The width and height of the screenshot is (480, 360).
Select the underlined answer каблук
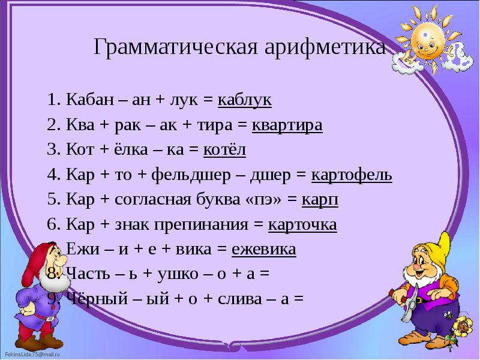tap(244, 100)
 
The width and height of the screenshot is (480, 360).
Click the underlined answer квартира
tap(287, 125)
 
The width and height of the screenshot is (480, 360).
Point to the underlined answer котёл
tap(226, 150)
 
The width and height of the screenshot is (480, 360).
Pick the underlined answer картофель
tap(352, 175)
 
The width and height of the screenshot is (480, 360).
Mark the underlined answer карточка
tap(302, 225)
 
